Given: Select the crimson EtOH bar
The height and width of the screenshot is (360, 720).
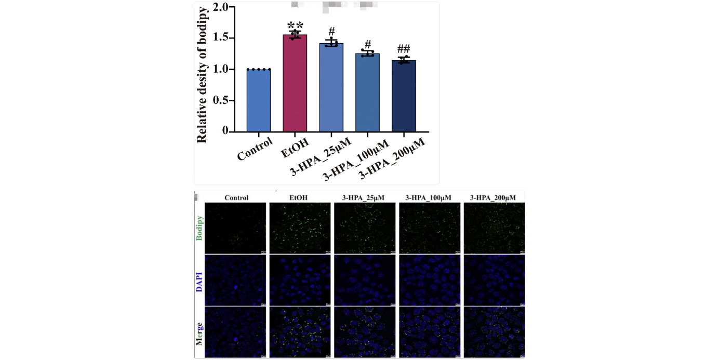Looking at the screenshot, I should (295, 83).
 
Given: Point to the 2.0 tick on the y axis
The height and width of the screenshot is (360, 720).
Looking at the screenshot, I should (220, 7).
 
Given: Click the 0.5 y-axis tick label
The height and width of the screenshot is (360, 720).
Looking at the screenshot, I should (220, 100).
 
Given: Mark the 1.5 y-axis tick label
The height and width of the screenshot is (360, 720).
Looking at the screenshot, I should (220, 38).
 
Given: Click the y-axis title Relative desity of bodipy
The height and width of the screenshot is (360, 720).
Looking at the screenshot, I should (202, 75).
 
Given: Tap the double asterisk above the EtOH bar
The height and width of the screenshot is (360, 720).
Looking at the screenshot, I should (295, 26).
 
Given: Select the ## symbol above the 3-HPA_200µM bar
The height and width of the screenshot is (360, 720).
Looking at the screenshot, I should (404, 49).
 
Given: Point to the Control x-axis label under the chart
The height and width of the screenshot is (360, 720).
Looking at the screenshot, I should (255, 149).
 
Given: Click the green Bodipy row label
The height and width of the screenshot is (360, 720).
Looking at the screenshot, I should (199, 228).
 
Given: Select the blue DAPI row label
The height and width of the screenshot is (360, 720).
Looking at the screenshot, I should (199, 281).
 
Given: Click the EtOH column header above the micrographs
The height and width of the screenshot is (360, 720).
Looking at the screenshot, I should (299, 197).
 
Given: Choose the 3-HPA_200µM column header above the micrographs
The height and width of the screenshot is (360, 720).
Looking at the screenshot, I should (493, 197).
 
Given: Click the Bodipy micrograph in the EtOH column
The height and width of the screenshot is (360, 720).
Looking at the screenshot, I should (300, 228).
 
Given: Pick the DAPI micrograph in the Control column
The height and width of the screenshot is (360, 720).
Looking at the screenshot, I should (235, 280).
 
